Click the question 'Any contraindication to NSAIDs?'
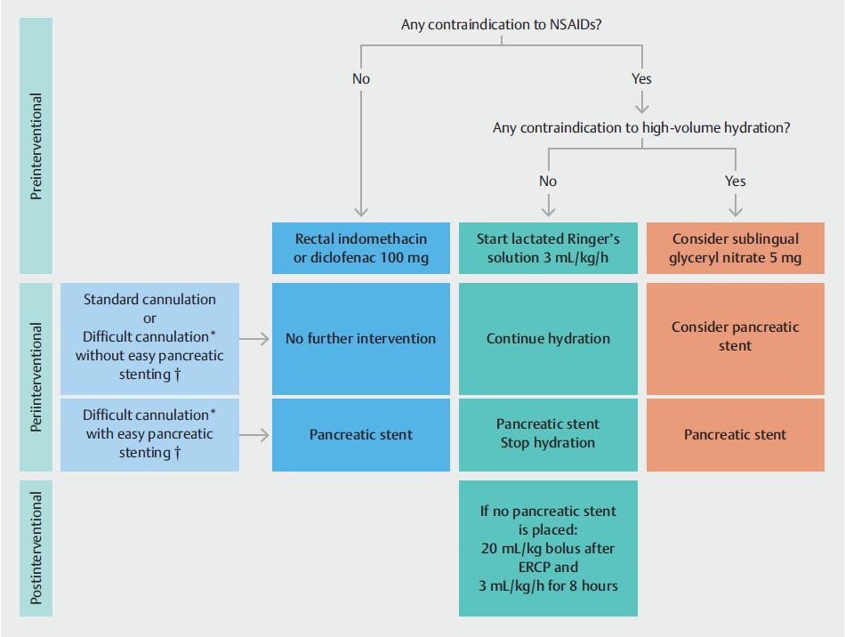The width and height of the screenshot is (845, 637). click(502, 25)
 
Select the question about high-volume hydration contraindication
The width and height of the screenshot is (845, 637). click(641, 128)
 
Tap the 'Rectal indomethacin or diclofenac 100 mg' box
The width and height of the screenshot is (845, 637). click(361, 248)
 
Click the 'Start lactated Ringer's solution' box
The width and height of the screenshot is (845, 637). click(548, 248)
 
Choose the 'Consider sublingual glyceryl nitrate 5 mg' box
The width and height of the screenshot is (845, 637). click(736, 248)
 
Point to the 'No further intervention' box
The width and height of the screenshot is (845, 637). click(361, 338)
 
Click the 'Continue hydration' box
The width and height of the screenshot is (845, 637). click(548, 338)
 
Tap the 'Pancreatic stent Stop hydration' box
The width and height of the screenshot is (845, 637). click(548, 433)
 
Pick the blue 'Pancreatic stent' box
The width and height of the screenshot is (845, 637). click(361, 435)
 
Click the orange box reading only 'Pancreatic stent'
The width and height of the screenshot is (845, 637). click(736, 435)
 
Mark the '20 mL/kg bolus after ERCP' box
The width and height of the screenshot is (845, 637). click(548, 548)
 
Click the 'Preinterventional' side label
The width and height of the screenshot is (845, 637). click(37, 147)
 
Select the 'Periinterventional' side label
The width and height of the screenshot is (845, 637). click(37, 377)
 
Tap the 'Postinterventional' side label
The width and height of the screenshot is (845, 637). click(37, 548)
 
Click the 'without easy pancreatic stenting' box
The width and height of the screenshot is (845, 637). click(149, 338)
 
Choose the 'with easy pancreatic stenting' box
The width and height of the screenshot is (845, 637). click(149, 435)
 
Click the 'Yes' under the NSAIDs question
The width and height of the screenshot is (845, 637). click(641, 78)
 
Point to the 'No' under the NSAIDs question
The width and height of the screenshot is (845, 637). click(361, 78)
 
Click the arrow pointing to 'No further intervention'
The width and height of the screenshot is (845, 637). click(256, 338)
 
